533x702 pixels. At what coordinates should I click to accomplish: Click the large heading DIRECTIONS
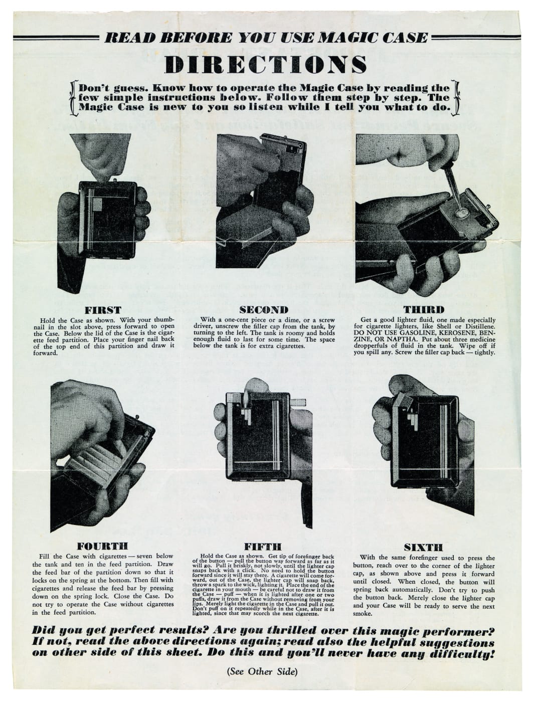point(266,65)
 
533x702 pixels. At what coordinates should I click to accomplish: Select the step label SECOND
point(263,309)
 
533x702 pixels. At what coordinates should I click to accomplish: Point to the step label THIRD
point(424,309)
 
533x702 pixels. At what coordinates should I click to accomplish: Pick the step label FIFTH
point(262,546)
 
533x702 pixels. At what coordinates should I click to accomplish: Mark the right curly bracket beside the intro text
point(456,97)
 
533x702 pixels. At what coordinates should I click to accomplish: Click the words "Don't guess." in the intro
point(107,88)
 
